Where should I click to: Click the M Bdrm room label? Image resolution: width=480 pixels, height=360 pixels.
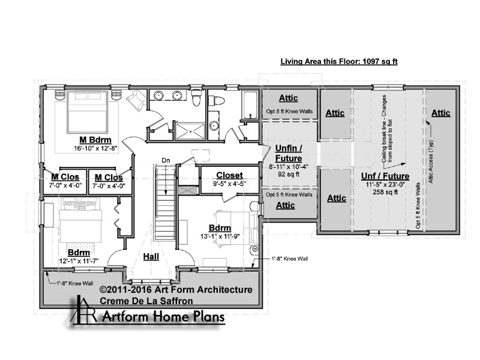pyautogui.click(x=95, y=140)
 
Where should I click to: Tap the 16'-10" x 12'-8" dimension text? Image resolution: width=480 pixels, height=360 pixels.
pyautogui.click(x=95, y=148)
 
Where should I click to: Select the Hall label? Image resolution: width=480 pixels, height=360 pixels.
pyautogui.click(x=151, y=257)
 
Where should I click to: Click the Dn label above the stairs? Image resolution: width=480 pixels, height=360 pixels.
pyautogui.click(x=166, y=160)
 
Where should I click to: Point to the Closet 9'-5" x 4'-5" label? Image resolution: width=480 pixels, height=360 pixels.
pyautogui.click(x=230, y=179)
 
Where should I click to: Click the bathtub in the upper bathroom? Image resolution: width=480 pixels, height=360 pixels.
pyautogui.click(x=250, y=104)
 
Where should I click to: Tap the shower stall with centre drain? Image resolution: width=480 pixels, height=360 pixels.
pyautogui.click(x=190, y=131)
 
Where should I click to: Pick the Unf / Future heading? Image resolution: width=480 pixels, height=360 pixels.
pyautogui.click(x=385, y=176)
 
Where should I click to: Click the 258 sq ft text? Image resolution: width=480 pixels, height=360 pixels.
pyautogui.click(x=385, y=192)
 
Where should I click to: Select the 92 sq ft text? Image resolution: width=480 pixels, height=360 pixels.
pyautogui.click(x=289, y=175)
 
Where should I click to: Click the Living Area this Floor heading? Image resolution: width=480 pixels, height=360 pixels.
pyautogui.click(x=339, y=62)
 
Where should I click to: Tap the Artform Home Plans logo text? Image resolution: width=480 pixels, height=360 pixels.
pyautogui.click(x=163, y=317)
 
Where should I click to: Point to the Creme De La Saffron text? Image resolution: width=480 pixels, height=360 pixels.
pyautogui.click(x=146, y=301)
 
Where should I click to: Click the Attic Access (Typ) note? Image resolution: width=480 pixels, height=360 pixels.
pyautogui.click(x=430, y=161)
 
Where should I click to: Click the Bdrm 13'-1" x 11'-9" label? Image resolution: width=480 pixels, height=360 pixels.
pyautogui.click(x=220, y=232)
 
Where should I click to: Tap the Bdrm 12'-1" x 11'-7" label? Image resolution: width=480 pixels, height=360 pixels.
pyautogui.click(x=79, y=257)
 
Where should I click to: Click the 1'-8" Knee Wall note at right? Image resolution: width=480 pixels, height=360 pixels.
pyautogui.click(x=290, y=259)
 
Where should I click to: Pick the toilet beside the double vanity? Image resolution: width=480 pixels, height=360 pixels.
pyautogui.click(x=196, y=97)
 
